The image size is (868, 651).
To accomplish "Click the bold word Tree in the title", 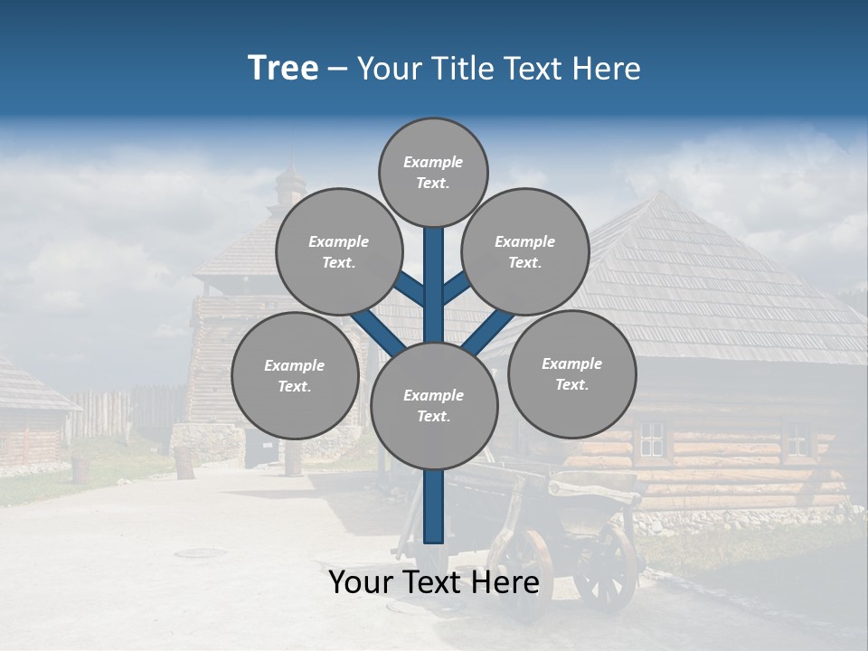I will click(x=283, y=69).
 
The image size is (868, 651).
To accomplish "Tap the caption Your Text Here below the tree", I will click(x=434, y=583).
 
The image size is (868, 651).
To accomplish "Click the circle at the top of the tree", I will click(x=433, y=172).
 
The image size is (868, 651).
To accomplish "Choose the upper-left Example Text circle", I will click(x=338, y=251).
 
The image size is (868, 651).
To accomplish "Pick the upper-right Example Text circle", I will click(x=525, y=251).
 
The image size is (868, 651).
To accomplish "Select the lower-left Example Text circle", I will click(x=294, y=375).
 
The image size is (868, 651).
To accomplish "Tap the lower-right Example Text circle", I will click(x=571, y=373).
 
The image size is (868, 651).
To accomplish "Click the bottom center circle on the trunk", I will click(x=434, y=406).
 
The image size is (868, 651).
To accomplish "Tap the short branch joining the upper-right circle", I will click(x=455, y=288).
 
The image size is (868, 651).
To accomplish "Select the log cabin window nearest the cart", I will click(x=651, y=439).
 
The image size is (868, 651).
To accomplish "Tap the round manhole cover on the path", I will click(x=200, y=552).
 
